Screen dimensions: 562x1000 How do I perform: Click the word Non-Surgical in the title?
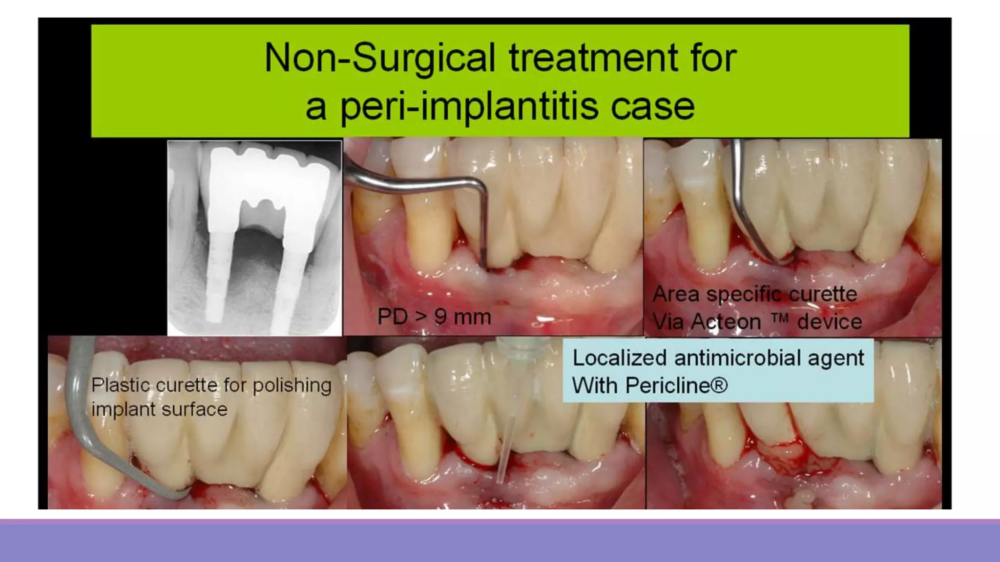click(x=380, y=58)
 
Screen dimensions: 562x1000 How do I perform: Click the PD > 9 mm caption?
click(x=434, y=317)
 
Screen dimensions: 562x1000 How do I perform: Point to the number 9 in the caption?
click(x=440, y=317)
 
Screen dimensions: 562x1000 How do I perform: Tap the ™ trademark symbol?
click(x=780, y=319)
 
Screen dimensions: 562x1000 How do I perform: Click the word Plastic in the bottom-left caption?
click(x=121, y=385)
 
